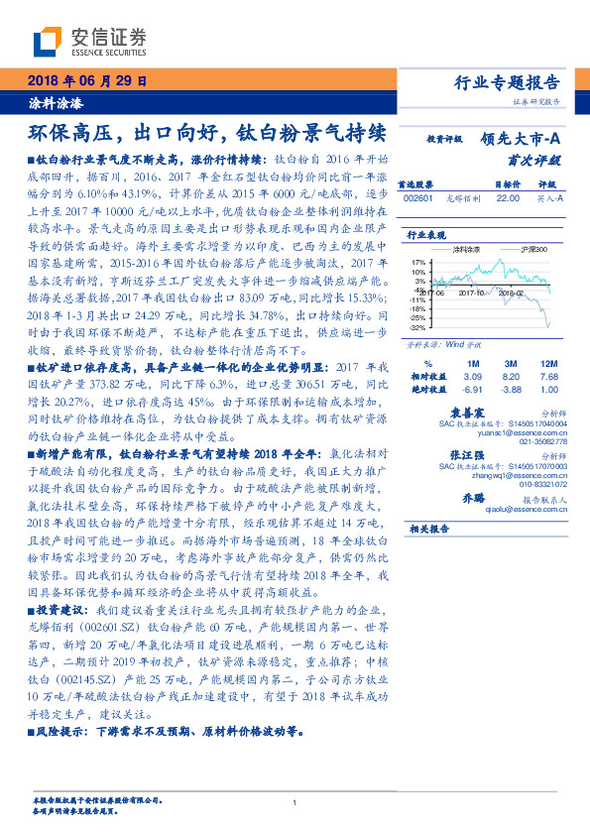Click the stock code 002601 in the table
pyautogui.click(x=416, y=199)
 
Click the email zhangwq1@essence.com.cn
pyautogui.click(x=509, y=476)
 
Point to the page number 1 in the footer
pyautogui.click(x=295, y=802)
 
